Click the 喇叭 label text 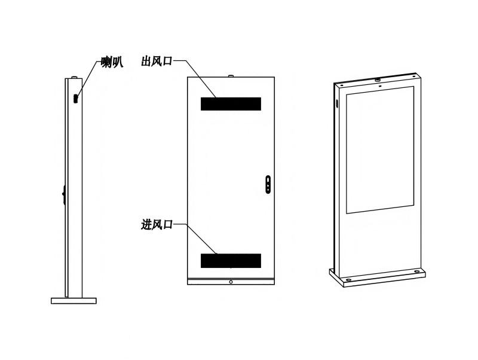click(112, 63)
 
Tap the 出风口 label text click(157, 61)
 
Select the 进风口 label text click(157, 224)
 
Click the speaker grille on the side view click(76, 99)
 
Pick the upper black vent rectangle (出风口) click(231, 103)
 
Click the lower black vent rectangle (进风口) click(231, 261)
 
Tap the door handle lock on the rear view click(268, 184)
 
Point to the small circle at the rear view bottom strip click(231, 282)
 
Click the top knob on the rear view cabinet click(231, 75)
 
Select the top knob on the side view click(73, 77)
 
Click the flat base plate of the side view click(73, 301)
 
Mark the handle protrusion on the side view click(64, 194)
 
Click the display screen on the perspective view click(380, 150)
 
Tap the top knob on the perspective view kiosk click(378, 80)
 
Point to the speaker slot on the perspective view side click(338, 103)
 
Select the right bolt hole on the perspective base click(416, 271)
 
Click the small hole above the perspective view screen click(380, 86)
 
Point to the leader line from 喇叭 click(90, 78)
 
